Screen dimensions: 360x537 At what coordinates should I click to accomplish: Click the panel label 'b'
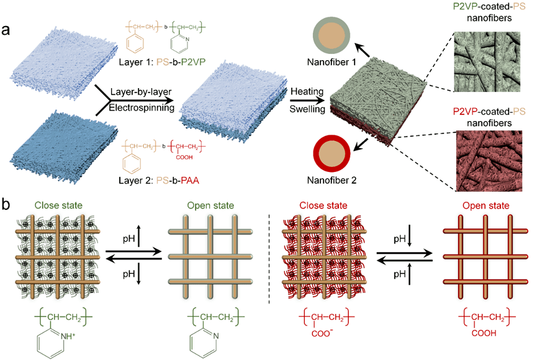point(7,202)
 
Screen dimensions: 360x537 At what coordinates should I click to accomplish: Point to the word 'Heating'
point(307,91)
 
